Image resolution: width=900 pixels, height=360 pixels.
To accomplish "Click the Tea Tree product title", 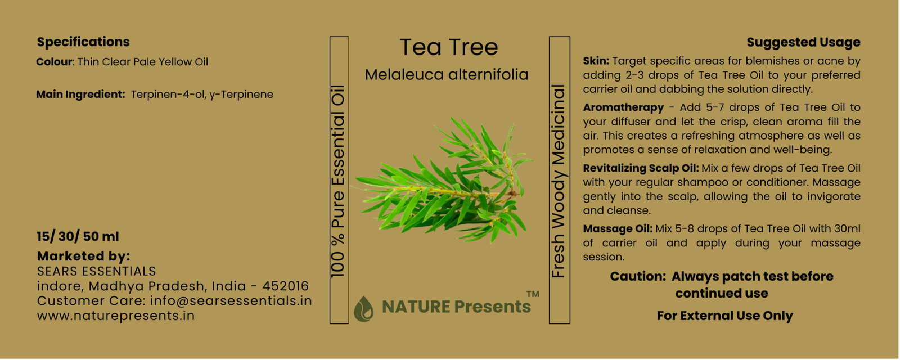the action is point(449,47).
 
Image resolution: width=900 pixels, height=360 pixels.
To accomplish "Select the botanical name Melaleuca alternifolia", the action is point(447,75).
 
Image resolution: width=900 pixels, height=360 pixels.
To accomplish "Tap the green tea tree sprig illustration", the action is point(444,180).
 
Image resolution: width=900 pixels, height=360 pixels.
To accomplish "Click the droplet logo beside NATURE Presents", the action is point(363,309).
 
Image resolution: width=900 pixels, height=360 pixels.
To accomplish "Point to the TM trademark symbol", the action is point(533,294).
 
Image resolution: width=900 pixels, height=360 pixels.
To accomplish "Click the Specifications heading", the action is point(83,42).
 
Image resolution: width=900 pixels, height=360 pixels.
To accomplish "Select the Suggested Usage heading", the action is point(804,42).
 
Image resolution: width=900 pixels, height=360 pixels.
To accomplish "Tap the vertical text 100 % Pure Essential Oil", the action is point(338,181).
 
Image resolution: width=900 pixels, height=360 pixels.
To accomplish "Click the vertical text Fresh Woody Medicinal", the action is point(559,181).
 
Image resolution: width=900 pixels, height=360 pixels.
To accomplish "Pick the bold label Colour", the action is point(54,62).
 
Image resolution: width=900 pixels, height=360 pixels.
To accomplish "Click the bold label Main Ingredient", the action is point(80,94).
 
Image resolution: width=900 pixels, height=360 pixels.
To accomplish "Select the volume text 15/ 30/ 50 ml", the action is point(78,237).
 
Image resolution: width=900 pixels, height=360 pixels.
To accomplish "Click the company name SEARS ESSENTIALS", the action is point(96,272).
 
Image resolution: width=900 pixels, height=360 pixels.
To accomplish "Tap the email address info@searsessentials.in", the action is point(231,301).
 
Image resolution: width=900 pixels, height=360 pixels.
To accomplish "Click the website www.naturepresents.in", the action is point(116,316).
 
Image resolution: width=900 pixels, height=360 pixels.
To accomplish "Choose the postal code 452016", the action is point(285,286).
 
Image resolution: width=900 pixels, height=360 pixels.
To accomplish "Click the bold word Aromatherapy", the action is point(624,107).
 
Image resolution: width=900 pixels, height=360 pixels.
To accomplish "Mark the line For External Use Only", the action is point(725,316).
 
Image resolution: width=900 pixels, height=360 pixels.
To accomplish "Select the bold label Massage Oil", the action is point(618,228).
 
